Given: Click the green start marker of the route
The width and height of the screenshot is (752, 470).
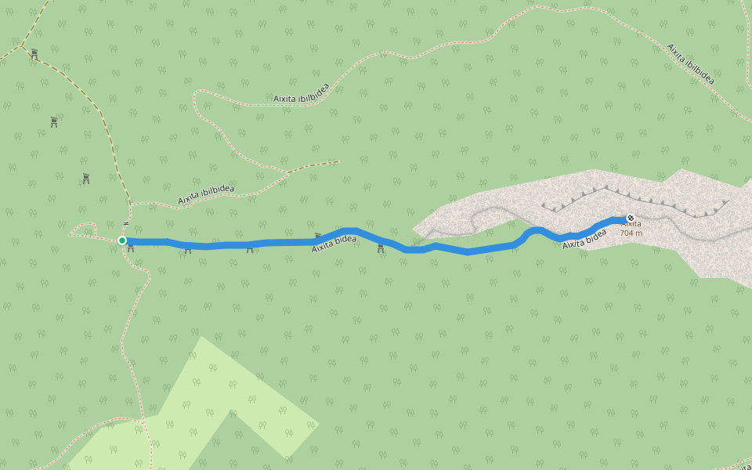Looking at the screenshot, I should [122, 240].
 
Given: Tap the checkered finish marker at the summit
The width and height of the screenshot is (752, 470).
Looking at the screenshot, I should [631, 218].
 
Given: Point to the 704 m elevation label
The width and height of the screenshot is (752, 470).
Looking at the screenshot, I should [631, 233].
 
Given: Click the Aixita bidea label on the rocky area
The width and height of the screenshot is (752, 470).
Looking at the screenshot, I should [584, 239].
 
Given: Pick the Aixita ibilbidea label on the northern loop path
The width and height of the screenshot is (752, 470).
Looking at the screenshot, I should [302, 92].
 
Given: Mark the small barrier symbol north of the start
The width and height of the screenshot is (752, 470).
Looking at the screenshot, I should [125, 224].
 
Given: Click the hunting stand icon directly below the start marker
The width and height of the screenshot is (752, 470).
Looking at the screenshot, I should [131, 249].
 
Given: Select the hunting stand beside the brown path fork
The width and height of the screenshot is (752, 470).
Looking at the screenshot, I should [34, 55].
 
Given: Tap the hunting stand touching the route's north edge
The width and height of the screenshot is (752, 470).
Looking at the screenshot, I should [318, 236].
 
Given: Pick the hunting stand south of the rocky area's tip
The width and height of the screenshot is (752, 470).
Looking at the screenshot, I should [381, 248].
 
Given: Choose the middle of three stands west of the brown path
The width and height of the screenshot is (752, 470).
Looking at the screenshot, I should [54, 122].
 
